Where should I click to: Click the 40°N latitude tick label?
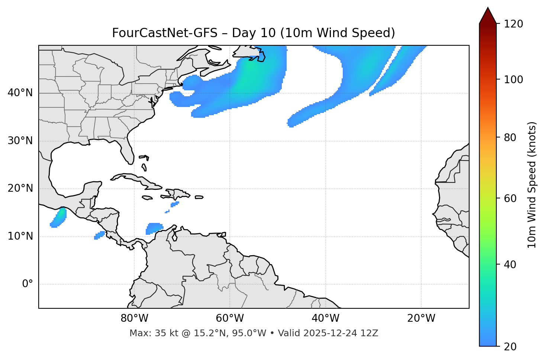tap(20, 93)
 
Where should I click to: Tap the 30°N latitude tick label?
tap(20, 141)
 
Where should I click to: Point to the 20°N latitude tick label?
tap(20, 188)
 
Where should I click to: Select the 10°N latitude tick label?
tap(20, 236)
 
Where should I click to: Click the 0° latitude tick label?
tap(28, 284)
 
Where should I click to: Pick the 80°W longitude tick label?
tap(134, 318)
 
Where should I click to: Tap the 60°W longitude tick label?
tap(230, 318)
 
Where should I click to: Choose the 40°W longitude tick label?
tap(325, 318)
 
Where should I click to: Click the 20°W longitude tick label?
tap(421, 318)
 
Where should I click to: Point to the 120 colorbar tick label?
tap(513, 24)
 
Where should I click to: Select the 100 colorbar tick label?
tap(513, 80)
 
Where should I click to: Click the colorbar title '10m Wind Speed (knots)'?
tap(532, 185)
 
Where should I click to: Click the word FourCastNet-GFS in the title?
tap(165, 33)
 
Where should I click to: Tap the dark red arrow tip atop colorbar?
tap(488, 15)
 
